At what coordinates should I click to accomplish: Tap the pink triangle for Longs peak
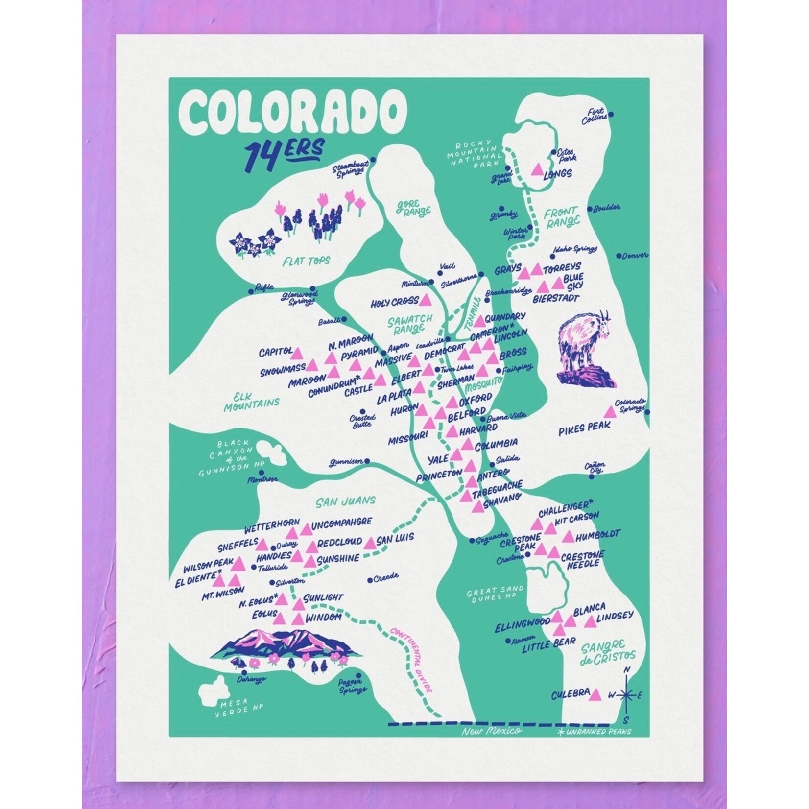pyautogui.click(x=537, y=169)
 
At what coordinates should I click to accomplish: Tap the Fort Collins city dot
pyautogui.click(x=611, y=115)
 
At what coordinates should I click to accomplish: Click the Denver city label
pyautogui.click(x=635, y=255)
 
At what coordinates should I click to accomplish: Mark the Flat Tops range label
pyautogui.click(x=307, y=261)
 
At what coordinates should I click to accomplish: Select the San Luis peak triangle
pyautogui.click(x=370, y=543)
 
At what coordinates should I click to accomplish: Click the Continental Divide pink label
pyautogui.click(x=412, y=659)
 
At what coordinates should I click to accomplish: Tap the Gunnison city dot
pyautogui.click(x=367, y=461)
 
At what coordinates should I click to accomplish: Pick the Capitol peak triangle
pyautogui.click(x=298, y=352)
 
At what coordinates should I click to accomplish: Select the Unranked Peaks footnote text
pyautogui.click(x=594, y=732)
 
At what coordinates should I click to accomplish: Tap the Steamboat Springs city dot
pyautogui.click(x=373, y=160)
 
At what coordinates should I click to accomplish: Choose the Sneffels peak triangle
pyautogui.click(x=262, y=544)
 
